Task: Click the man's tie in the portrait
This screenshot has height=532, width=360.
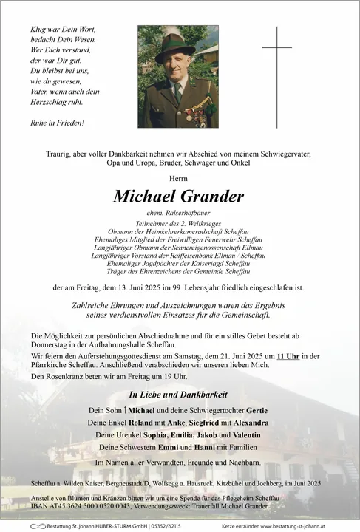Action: click(x=177, y=92)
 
